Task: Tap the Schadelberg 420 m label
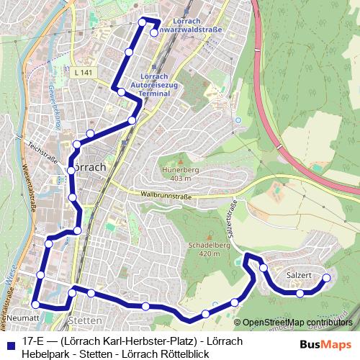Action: [204, 249]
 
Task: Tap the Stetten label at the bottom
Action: [79, 319]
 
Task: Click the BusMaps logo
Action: [325, 344]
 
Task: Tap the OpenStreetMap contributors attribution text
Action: [297, 323]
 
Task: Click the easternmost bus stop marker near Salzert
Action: [326, 278]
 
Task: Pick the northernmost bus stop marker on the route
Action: [143, 21]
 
